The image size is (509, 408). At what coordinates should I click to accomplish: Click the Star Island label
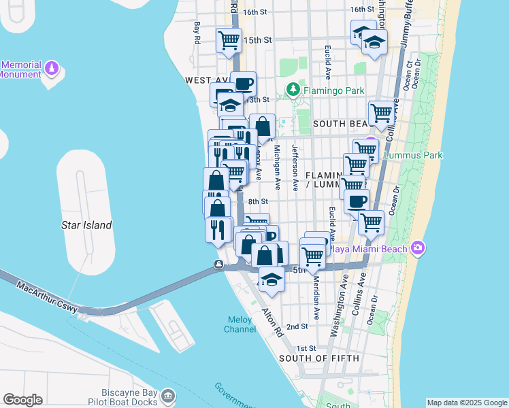[x=86, y=225]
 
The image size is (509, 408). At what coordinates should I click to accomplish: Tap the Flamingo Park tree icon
[x=293, y=90]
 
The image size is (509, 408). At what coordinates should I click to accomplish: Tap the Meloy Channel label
[x=240, y=325]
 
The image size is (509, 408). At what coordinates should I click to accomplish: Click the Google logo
[x=22, y=400]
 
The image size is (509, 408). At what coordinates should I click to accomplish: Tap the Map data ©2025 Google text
[x=467, y=403]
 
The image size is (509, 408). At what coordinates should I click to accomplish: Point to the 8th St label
[x=258, y=201]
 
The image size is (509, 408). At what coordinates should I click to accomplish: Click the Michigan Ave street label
[x=277, y=167]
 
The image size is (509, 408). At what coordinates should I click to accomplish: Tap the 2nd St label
[x=297, y=326]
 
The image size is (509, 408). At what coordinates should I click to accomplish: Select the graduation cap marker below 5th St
[x=272, y=279]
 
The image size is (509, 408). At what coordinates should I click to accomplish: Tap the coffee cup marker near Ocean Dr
[x=358, y=201]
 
